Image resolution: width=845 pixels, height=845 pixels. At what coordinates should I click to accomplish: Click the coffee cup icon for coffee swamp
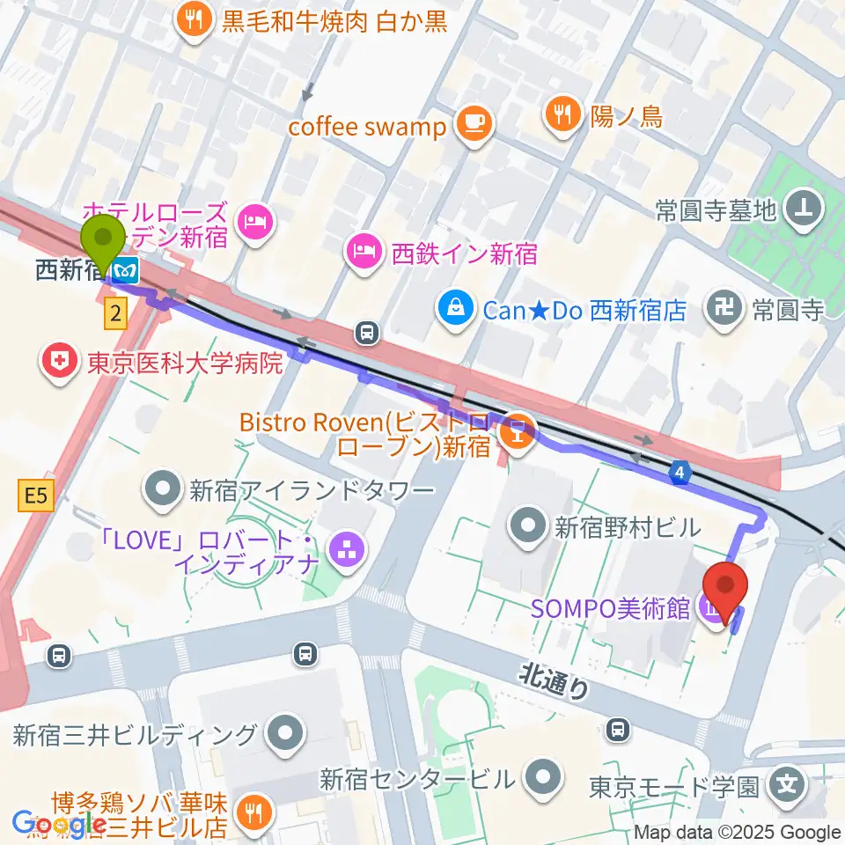[474, 125]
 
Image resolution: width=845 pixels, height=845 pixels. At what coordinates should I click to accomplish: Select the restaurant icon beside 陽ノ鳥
[561, 114]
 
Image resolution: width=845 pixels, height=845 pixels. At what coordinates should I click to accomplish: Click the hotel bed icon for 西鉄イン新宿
[365, 253]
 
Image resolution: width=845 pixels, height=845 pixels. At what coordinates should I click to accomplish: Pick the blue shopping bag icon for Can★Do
[456, 309]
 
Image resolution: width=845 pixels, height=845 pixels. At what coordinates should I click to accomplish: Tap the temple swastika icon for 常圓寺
[723, 309]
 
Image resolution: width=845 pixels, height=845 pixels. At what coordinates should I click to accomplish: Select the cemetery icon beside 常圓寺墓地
[804, 209]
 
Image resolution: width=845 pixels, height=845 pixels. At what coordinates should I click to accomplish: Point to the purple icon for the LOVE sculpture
[342, 551]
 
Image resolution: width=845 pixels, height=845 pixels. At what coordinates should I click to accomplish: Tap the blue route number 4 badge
[680, 473]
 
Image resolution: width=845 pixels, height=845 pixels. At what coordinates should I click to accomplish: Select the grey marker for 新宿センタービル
[542, 777]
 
